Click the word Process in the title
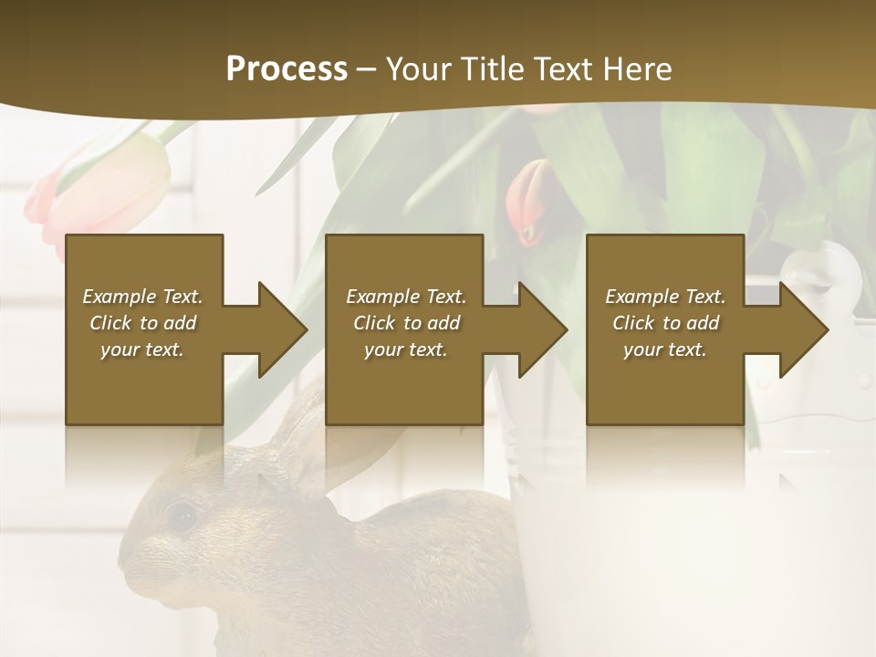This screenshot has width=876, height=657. click(x=287, y=69)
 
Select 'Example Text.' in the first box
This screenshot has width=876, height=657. click(x=142, y=297)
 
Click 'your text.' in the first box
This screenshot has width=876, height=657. click(x=142, y=349)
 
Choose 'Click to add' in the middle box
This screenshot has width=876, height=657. click(x=406, y=323)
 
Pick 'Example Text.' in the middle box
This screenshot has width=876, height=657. click(x=406, y=297)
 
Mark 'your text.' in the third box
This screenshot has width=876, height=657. click(x=665, y=349)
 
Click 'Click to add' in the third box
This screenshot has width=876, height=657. click(x=665, y=323)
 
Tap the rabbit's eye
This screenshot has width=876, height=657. click(x=182, y=516)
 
